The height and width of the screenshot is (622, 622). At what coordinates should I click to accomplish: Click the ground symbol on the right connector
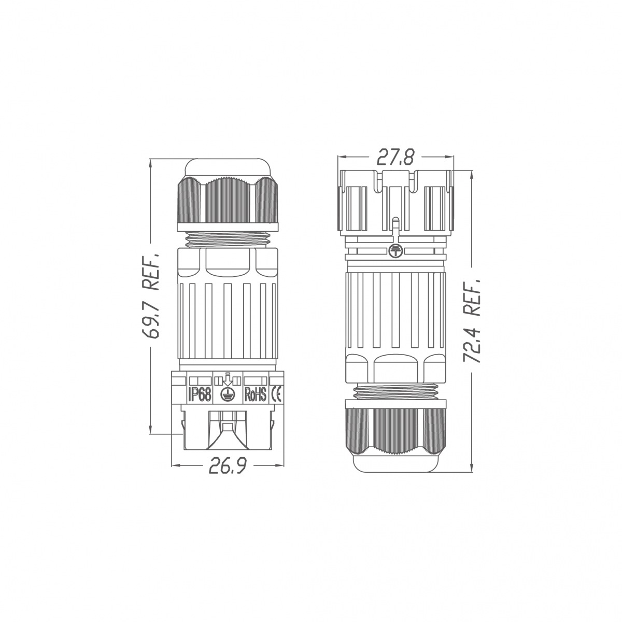pyautogui.click(x=395, y=251)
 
